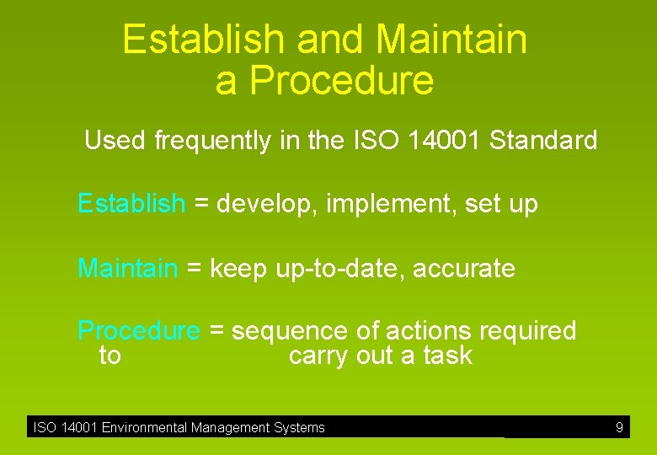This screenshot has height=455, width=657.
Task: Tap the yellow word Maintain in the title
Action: click(451, 40)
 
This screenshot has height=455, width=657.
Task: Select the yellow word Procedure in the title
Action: click(341, 81)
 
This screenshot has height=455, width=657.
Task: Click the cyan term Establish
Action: click(131, 204)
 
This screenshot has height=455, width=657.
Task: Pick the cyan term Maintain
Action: click(127, 269)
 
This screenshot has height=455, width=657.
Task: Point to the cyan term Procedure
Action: click(139, 331)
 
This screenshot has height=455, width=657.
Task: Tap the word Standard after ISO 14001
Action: click(543, 140)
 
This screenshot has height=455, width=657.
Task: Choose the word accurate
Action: click(464, 270)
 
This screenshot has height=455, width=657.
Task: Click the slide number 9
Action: click(619, 428)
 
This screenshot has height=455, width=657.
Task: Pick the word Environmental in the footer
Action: click(145, 428)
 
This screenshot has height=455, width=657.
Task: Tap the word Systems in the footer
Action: click(299, 428)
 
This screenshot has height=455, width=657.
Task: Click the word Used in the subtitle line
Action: click(115, 141)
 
